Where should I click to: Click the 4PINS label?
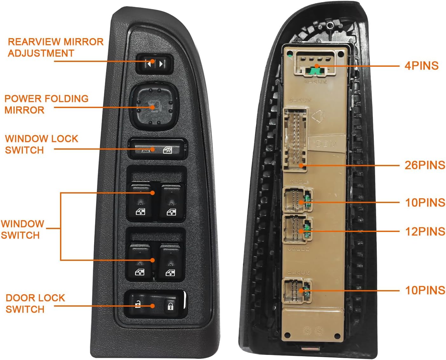tap(421, 66)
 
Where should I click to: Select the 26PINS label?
tap(424, 165)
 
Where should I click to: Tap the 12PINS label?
tap(425, 232)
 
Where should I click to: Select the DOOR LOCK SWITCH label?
tap(35, 303)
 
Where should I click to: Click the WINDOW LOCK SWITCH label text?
tap(41, 144)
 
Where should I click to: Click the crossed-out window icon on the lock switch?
tap(167, 150)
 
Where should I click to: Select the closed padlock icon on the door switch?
tap(170, 306)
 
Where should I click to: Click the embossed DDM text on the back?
tap(326, 144)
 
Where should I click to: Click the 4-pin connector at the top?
tap(315, 63)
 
